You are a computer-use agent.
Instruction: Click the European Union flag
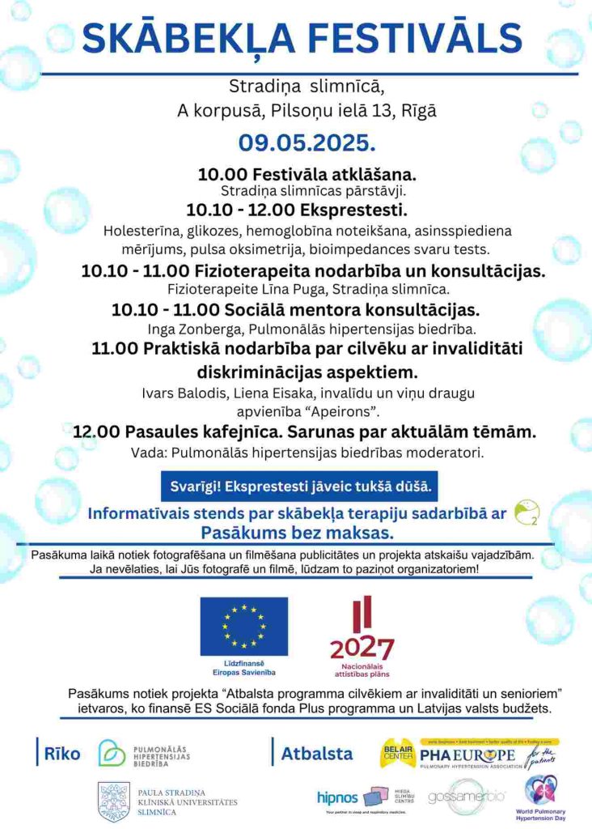243,627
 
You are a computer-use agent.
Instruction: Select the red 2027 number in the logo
362,648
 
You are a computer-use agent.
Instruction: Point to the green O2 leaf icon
526,511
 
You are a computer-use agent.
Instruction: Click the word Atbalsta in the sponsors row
316,754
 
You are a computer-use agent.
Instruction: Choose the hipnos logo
338,797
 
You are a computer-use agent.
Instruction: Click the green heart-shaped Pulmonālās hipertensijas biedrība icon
112,754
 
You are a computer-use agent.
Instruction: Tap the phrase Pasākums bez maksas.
296,533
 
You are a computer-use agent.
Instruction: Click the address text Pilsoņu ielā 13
353,110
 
